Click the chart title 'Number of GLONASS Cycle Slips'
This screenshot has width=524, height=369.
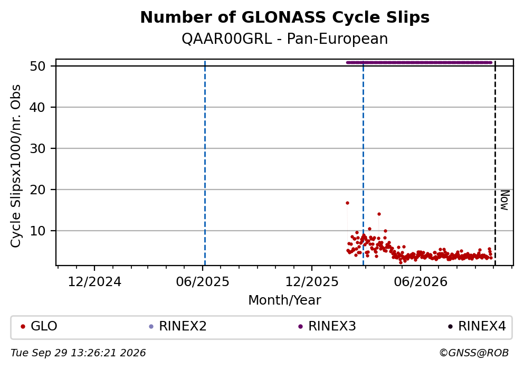[x=285, y=17]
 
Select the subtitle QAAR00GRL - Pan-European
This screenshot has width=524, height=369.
[x=285, y=39]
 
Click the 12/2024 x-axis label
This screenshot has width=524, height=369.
[x=94, y=282]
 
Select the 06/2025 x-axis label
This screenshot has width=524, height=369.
[x=203, y=282]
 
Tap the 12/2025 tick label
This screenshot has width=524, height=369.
[x=312, y=282]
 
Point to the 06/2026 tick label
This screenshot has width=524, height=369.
[x=421, y=282]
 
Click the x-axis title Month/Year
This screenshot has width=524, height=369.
[x=285, y=300]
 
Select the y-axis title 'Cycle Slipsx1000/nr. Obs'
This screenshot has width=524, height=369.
[x=16, y=166]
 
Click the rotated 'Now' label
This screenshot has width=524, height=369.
[x=504, y=200]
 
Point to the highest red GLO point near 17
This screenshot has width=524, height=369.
[x=347, y=203]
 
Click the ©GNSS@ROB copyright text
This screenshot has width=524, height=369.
[x=474, y=353]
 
